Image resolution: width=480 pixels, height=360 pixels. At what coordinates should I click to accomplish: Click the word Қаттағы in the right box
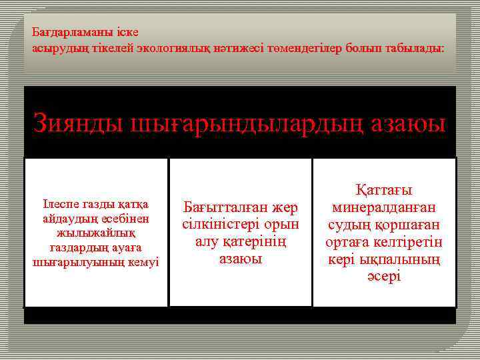tap(384, 190)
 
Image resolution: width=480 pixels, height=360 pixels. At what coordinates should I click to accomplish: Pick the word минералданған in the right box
tap(384, 207)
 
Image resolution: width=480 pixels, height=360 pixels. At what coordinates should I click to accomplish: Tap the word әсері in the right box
tap(384, 275)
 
